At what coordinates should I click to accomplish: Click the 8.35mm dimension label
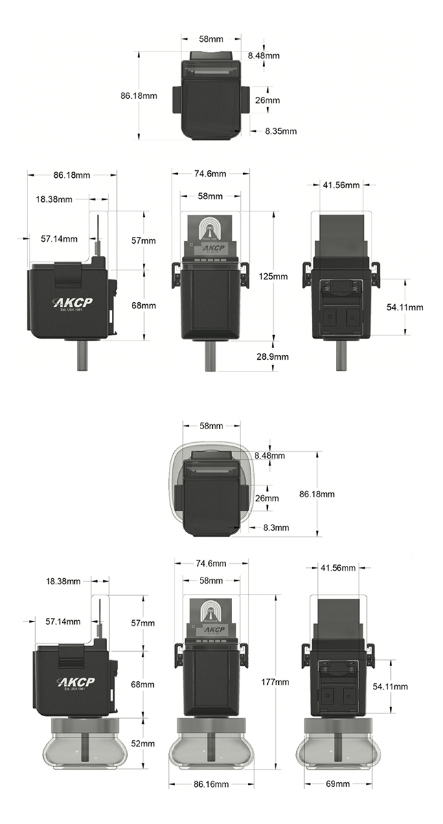pyautogui.click(x=280, y=131)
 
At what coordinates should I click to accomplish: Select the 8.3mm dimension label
pyautogui.click(x=277, y=527)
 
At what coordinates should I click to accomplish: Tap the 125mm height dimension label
pyautogui.click(x=273, y=276)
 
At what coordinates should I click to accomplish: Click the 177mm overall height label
pyautogui.click(x=275, y=682)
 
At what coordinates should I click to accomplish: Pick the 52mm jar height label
pyautogui.click(x=143, y=744)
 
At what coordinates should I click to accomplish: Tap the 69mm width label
pyautogui.click(x=337, y=783)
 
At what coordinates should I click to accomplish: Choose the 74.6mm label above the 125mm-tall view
pyautogui.click(x=210, y=174)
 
